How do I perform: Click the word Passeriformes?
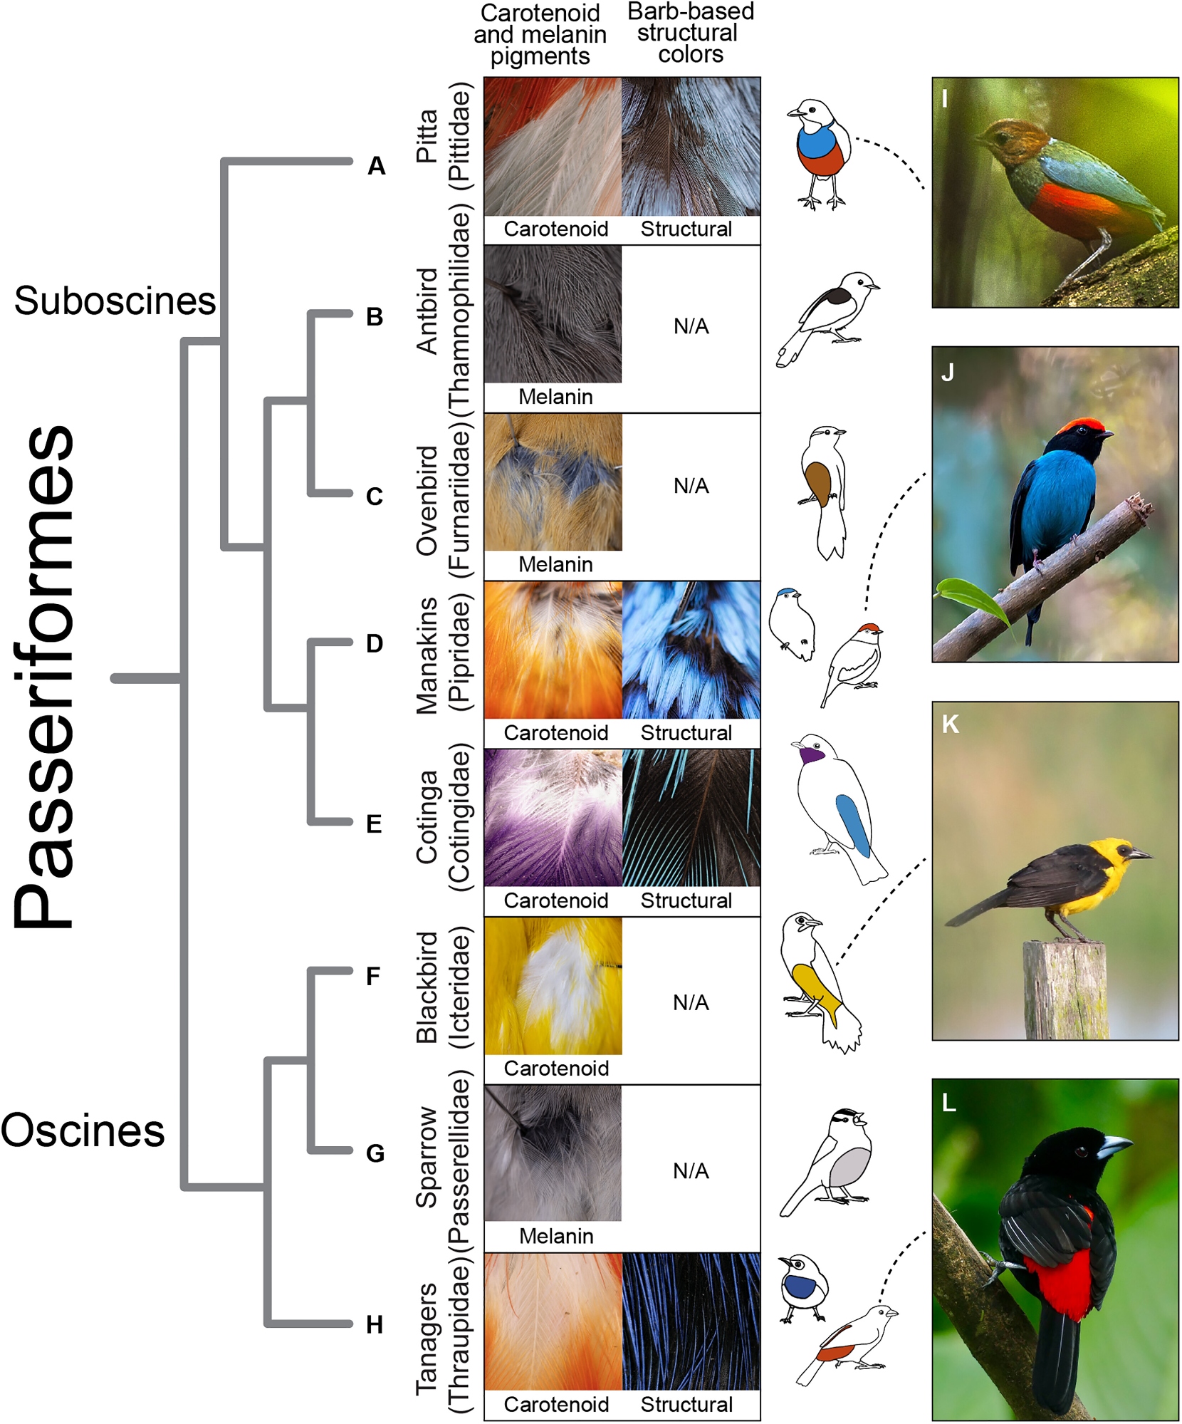point(44,677)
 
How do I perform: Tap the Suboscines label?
point(115,301)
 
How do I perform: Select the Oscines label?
point(83,1131)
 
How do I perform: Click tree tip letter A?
point(376,166)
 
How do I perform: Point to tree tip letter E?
point(375,824)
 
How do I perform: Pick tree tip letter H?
point(375,1325)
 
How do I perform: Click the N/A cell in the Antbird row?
point(691,326)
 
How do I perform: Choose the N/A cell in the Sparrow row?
point(691,1171)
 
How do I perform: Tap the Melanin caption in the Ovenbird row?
point(555,565)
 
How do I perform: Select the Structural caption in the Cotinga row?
point(686,901)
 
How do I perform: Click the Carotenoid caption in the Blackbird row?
point(556,1069)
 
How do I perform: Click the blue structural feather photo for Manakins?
point(691,650)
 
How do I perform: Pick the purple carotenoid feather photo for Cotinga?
point(553,818)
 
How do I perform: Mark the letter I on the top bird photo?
point(945,98)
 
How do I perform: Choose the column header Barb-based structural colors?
point(690,33)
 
